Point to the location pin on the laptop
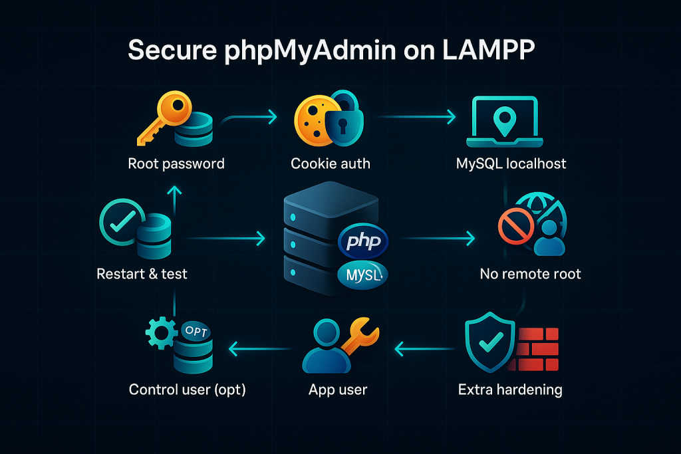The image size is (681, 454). point(505,120)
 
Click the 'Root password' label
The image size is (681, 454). point(176,164)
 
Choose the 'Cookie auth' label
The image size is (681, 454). point(331,164)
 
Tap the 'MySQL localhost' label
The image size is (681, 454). point(511,164)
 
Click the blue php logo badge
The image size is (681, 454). point(363,241)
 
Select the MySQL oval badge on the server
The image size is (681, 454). point(362,275)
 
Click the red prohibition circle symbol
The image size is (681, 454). point(516,226)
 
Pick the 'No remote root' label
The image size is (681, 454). point(530,274)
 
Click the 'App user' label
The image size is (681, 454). point(338,390)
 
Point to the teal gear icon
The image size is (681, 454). point(161,333)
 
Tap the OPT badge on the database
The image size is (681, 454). point(196,331)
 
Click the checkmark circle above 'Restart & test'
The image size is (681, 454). point(122,222)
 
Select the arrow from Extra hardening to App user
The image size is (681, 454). point(425,348)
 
